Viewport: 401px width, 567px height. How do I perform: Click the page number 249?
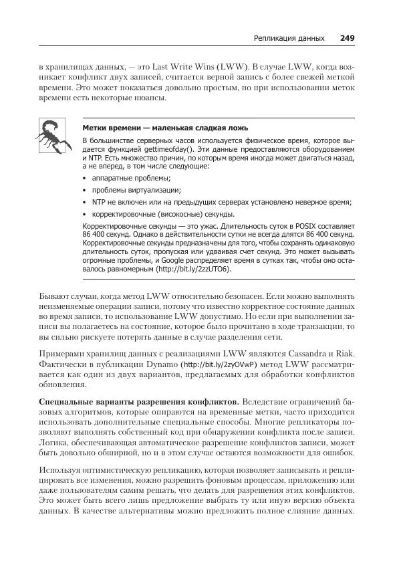[x=347, y=38]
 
